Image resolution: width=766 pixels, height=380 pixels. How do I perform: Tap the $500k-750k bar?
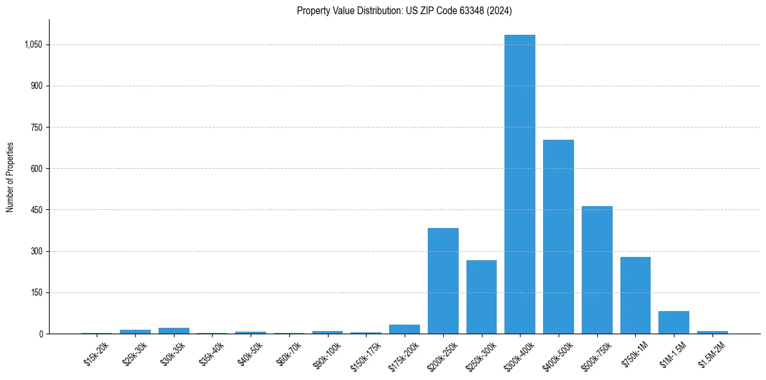pos(597,270)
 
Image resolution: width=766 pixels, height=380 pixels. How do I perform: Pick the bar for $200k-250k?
pos(443,281)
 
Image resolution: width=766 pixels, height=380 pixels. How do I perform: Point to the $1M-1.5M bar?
pos(674,322)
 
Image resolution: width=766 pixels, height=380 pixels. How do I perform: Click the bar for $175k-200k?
pos(405,329)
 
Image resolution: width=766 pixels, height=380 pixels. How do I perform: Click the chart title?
pos(405,11)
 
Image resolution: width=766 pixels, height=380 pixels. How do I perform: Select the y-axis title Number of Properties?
pos(10,177)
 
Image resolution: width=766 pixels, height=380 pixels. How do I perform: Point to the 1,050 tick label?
pos(34,44)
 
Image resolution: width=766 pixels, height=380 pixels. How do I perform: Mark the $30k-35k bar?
pos(174,330)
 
